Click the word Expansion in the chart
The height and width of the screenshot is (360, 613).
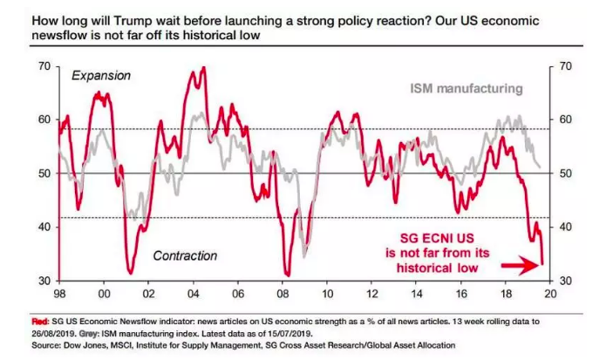[x=101, y=77]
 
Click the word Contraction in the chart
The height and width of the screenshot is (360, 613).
[x=185, y=256]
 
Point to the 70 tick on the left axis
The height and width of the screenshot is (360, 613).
[x=44, y=66]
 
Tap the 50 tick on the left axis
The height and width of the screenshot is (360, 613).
[x=44, y=173]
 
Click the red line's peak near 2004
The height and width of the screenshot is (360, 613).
[x=203, y=67]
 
